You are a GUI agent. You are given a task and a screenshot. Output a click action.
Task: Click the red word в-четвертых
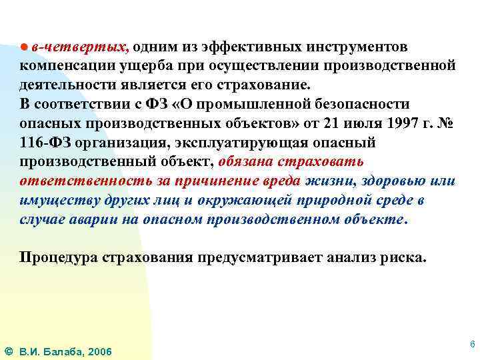click(x=81, y=47)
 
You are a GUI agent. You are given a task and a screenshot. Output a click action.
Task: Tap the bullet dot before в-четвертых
click(x=23, y=47)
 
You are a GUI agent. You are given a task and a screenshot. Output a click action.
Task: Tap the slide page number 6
click(x=472, y=344)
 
